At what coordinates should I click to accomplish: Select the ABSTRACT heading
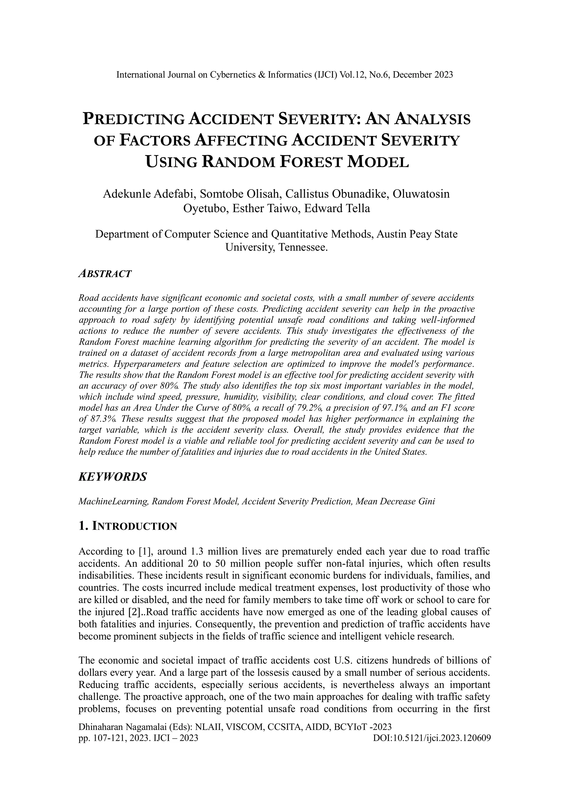[105, 274]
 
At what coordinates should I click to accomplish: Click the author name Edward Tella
[337, 208]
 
